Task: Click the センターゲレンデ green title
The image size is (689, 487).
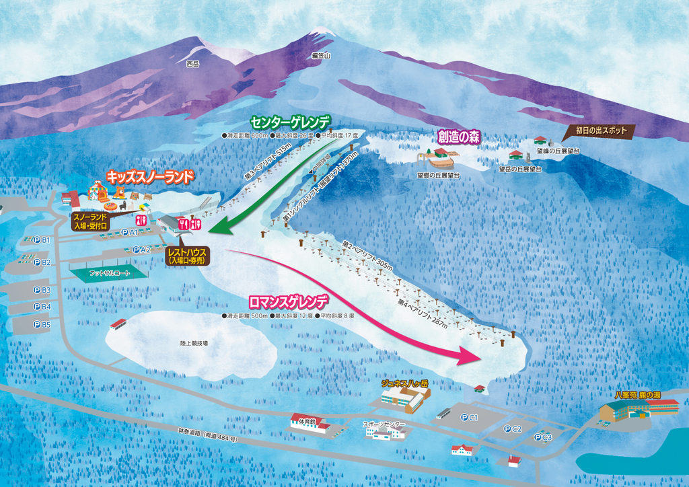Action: (x=291, y=122)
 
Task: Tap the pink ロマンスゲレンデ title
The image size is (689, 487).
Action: (x=289, y=301)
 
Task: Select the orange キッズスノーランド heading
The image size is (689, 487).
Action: (x=150, y=177)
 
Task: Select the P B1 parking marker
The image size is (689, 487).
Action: (x=42, y=239)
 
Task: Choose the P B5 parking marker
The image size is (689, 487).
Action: (x=42, y=325)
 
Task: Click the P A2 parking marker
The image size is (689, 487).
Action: (x=141, y=250)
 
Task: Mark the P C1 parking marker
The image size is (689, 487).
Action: (x=469, y=418)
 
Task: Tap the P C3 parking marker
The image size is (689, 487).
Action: (x=542, y=437)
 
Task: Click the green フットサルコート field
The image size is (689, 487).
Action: (x=108, y=273)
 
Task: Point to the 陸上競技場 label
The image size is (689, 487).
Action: (x=194, y=343)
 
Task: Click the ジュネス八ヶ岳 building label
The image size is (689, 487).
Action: (x=404, y=383)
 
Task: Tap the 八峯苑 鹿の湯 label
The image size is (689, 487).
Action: (x=637, y=395)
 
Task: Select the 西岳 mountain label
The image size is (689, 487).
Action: (x=193, y=65)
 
